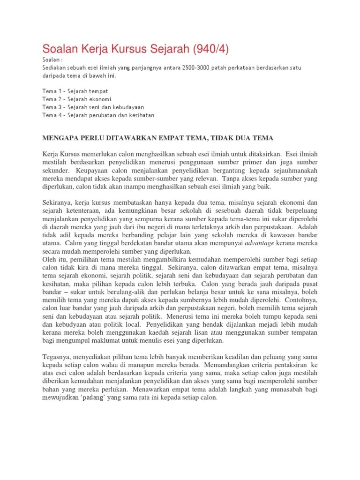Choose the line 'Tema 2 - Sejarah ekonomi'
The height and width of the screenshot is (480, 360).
(x=78, y=99)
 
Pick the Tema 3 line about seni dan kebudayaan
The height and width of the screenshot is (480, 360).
(x=93, y=107)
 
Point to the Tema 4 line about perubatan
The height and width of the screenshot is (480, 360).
(x=98, y=115)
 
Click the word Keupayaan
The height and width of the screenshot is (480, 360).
(x=92, y=171)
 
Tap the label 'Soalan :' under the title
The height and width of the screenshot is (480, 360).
(x=52, y=60)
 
